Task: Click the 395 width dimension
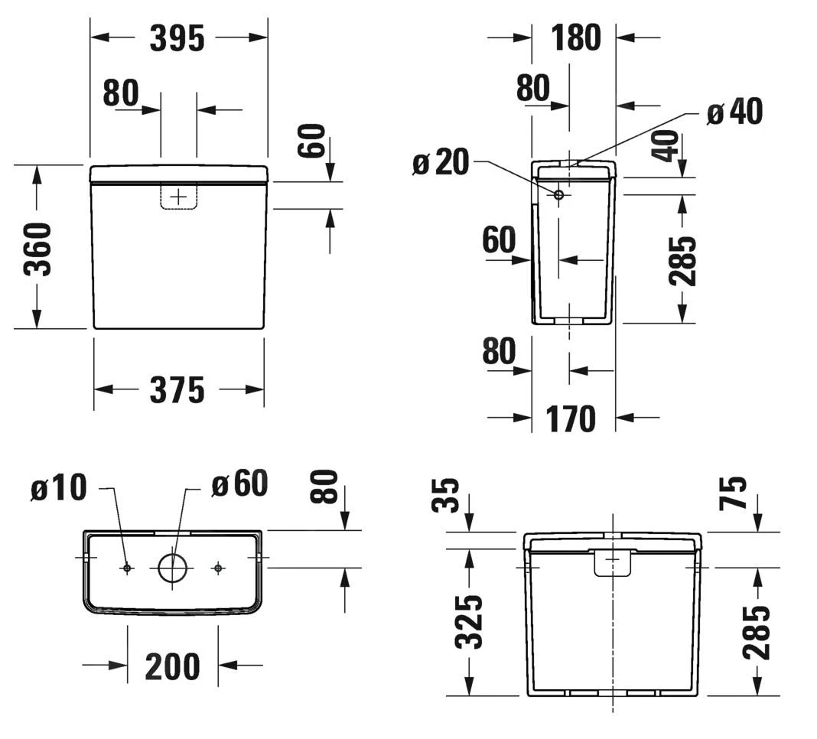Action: click(177, 38)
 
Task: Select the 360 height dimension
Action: click(37, 249)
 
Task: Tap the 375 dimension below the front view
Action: click(177, 390)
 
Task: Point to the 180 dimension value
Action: click(573, 37)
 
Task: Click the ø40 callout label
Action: click(734, 112)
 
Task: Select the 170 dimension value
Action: click(571, 418)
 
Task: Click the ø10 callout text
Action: click(60, 488)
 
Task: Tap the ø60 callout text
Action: click(239, 483)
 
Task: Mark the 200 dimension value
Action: click(172, 667)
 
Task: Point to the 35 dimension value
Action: click(448, 496)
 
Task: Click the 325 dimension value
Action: click(469, 622)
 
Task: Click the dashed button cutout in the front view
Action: click(178, 197)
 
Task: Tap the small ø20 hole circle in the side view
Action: click(558, 195)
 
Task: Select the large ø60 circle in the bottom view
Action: click(172, 568)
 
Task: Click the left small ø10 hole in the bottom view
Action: click(127, 568)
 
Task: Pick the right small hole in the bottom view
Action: click(218, 568)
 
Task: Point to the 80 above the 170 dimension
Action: click(499, 352)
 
